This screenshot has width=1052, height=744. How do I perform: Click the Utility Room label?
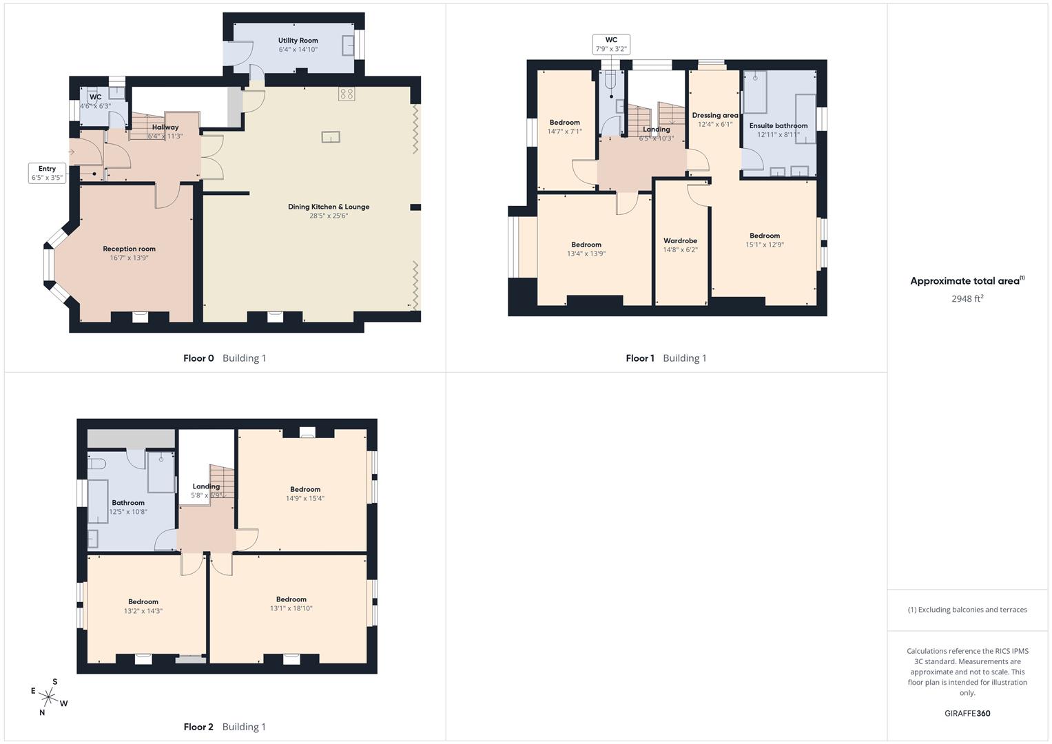tap(298, 41)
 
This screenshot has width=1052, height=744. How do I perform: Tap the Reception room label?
tap(129, 249)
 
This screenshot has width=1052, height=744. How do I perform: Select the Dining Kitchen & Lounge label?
tap(329, 207)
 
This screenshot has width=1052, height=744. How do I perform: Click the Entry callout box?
tap(47, 173)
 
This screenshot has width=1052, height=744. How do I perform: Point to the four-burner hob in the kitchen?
tap(347, 94)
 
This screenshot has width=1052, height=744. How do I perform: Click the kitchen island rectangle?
tap(331, 137)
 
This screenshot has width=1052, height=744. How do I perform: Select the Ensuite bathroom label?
tap(778, 125)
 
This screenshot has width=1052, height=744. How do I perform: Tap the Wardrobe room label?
tap(680, 240)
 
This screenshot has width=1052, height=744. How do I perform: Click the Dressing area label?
tap(714, 115)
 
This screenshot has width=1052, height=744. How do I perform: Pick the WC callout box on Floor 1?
tap(611, 44)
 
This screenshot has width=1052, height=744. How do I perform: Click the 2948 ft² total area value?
tap(967, 298)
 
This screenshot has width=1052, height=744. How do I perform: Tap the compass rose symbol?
tap(48, 696)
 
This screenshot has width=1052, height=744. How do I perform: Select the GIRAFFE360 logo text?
tap(967, 713)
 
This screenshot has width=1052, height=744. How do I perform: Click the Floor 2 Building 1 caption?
tap(225, 727)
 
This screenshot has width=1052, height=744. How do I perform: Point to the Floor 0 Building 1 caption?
tap(225, 358)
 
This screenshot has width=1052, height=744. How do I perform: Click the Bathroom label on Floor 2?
tap(128, 503)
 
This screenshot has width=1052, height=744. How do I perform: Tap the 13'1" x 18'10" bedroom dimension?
tap(291, 608)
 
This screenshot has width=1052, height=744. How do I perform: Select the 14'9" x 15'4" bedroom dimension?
tap(305, 498)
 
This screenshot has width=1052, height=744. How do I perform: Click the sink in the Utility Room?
tap(349, 45)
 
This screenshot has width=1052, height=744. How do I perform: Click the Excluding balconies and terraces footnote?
tap(967, 610)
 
